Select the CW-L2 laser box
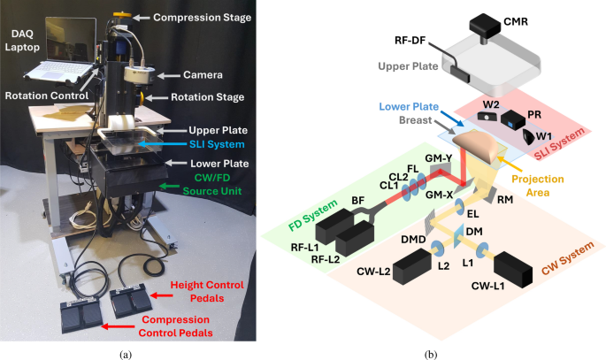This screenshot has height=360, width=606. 410,266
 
